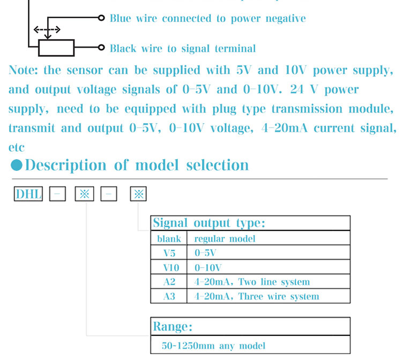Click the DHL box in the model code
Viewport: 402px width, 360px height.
tap(28, 193)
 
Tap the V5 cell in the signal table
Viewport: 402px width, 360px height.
tap(169, 252)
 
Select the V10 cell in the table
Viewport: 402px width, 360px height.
tap(169, 267)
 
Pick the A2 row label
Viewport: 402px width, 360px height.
tap(169, 281)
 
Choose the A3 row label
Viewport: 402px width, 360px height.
tap(169, 296)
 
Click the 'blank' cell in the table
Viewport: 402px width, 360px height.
tap(169, 238)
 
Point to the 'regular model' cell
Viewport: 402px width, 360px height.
tap(225, 238)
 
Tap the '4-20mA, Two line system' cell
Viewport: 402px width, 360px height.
tap(252, 281)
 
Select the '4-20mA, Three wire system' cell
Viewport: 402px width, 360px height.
tap(256, 296)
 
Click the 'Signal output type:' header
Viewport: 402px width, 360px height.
tap(209, 223)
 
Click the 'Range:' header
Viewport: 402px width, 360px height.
tap(173, 326)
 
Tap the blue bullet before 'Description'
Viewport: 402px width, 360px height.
tap(17, 165)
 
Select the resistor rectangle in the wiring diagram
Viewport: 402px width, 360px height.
tap(56, 48)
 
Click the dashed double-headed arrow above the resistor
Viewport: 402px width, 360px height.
tap(47, 29)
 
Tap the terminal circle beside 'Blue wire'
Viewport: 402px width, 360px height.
tap(101, 18)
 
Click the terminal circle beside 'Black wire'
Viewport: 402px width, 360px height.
tap(101, 48)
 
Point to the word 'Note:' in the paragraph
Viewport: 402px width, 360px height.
tap(24, 70)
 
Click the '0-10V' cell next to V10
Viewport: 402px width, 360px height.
tap(209, 267)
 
